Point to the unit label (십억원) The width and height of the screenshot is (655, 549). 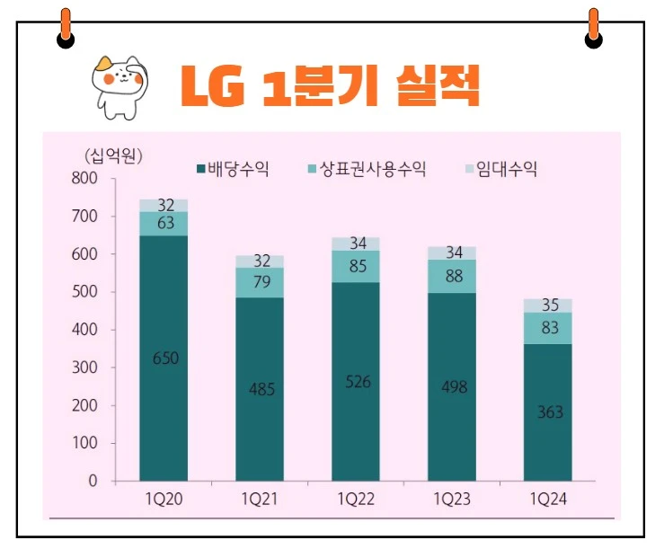click(111, 155)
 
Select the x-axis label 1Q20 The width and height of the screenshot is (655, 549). click(164, 499)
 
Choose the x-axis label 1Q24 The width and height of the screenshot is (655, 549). click(547, 499)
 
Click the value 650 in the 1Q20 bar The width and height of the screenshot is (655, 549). click(165, 359)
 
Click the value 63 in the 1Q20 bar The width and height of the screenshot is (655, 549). click(165, 224)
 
